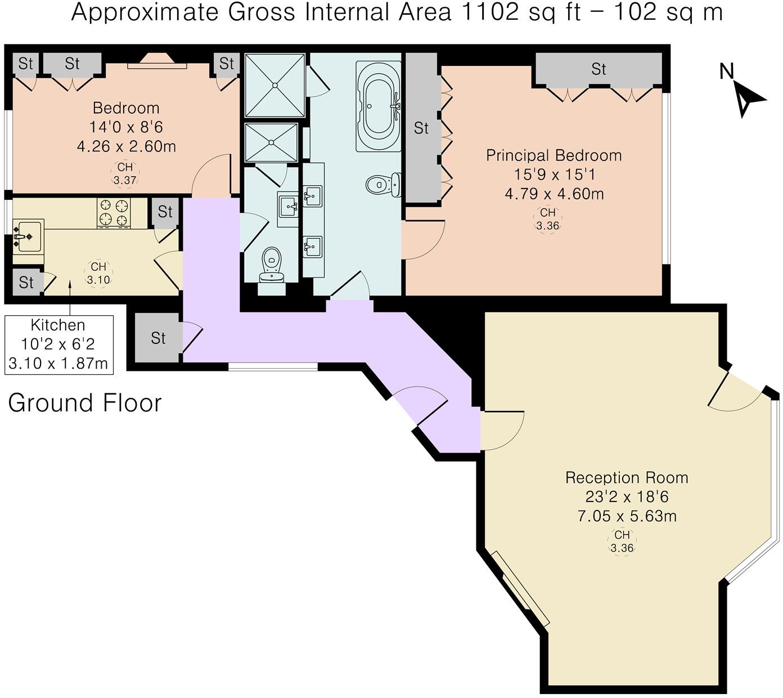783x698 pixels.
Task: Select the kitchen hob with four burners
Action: (114, 212)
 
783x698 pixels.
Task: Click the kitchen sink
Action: (27, 237)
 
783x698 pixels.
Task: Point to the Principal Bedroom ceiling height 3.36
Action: (547, 220)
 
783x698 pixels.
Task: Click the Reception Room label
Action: (627, 478)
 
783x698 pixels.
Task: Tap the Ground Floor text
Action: (85, 403)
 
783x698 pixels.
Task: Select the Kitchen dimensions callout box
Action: (58, 344)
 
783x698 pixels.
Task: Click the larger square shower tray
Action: (275, 85)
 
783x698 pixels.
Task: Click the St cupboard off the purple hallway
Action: (158, 338)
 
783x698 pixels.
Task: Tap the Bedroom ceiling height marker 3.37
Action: (125, 174)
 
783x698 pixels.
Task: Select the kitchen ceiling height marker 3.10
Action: (98, 274)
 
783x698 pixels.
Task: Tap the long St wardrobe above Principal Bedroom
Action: (598, 69)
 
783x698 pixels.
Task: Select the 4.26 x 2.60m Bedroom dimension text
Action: (127, 146)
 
